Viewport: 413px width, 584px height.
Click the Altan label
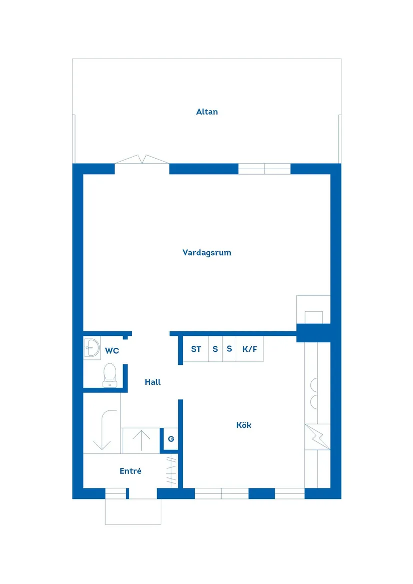click(x=207, y=112)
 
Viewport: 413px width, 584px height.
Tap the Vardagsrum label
click(x=207, y=253)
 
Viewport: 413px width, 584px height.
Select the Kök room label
click(x=244, y=425)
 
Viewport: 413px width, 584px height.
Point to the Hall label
click(x=153, y=382)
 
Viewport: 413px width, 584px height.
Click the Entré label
click(x=130, y=471)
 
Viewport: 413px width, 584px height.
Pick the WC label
click(x=112, y=351)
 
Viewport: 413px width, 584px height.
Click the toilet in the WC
click(x=110, y=374)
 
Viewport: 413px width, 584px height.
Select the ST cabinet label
click(x=196, y=349)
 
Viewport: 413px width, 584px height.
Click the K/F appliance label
click(x=249, y=349)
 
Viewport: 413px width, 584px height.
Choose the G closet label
click(x=171, y=439)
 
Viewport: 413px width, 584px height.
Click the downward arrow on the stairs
click(x=104, y=430)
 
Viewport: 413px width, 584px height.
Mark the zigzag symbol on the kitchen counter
click(x=317, y=437)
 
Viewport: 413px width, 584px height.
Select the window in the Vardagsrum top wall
click(x=264, y=169)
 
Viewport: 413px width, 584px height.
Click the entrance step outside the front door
click(x=133, y=511)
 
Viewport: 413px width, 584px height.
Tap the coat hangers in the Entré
click(x=172, y=470)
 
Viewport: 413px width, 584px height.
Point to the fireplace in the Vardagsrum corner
click(x=313, y=310)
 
